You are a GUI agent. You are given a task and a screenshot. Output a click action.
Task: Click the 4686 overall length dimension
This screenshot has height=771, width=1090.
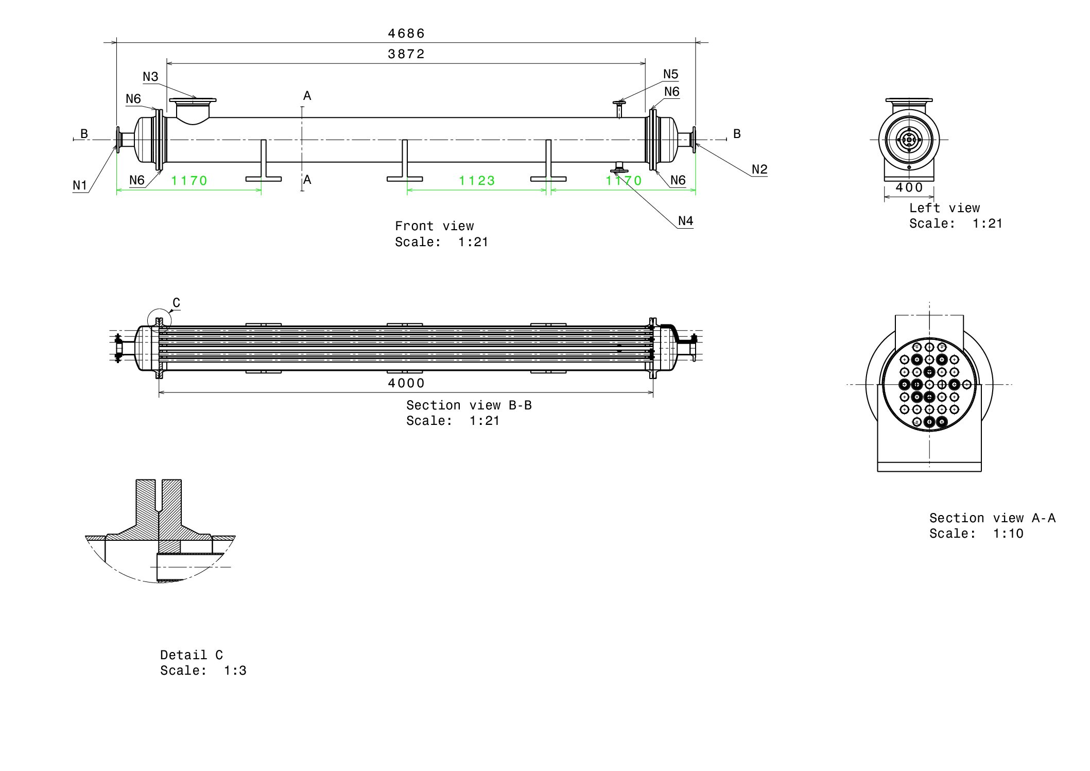[x=406, y=33]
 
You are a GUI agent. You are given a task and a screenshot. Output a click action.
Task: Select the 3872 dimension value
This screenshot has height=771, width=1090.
[x=406, y=54]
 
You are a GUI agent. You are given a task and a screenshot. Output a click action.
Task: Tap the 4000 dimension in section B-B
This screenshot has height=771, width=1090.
[x=406, y=383]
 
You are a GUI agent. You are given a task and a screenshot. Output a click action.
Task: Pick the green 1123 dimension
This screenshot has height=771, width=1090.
[x=477, y=181]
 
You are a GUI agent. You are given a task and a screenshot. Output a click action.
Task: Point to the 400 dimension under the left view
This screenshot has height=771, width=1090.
[x=909, y=187]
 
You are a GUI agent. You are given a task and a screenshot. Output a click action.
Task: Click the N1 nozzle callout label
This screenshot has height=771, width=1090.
[x=80, y=185]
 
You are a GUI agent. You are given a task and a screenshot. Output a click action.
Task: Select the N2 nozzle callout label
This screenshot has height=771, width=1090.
[x=759, y=169]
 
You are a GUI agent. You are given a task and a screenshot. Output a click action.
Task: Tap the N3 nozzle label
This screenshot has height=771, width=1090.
[x=150, y=77]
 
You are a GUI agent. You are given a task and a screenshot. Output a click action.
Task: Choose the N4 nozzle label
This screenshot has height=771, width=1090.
[x=685, y=221]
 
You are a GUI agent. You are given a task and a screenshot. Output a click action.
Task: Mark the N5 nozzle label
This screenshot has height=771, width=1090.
[x=670, y=74]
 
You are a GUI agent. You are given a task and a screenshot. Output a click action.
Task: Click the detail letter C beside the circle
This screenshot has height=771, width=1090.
[x=176, y=303]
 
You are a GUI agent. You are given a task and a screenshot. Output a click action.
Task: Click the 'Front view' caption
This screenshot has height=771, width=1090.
[x=434, y=226]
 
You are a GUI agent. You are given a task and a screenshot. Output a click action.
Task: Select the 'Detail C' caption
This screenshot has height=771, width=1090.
[x=191, y=655]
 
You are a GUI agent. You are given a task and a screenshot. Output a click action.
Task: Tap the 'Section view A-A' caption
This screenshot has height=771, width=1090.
[x=992, y=518]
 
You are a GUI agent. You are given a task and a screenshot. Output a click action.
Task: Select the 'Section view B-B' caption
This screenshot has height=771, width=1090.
[x=469, y=405]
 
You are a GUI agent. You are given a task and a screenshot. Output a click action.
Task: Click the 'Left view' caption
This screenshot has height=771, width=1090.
[x=944, y=208]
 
